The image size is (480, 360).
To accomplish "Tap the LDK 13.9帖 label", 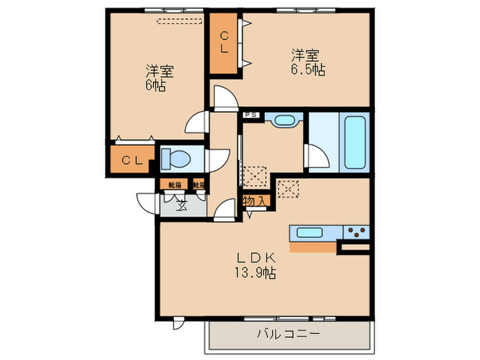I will click(x=256, y=265).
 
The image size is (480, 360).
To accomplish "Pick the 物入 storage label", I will click(x=254, y=202).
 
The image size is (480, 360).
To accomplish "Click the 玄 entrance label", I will click(x=181, y=204).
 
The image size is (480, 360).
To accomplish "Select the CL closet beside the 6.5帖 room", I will click(x=224, y=43).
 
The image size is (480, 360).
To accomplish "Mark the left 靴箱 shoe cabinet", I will click(x=175, y=184).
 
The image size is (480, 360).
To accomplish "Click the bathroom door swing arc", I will click(x=317, y=157).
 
